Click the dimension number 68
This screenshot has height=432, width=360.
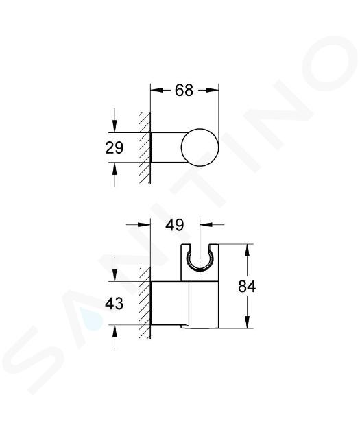tap(184, 90)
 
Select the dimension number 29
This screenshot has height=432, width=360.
tap(115, 148)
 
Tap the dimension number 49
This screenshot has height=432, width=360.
tap(175, 225)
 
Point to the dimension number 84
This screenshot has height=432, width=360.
tap(247, 287)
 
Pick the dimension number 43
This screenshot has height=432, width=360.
tap(115, 304)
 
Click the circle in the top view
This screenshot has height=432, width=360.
tap(200, 147)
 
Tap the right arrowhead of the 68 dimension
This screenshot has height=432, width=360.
tap(211, 90)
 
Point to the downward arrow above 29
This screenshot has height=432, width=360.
tap(115, 121)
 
